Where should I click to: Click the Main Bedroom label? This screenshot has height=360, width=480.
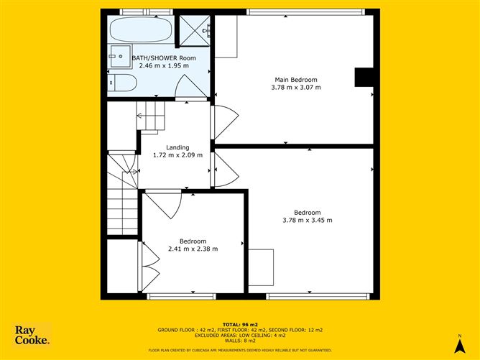(295, 80)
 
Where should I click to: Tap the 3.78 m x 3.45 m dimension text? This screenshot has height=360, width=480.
(307, 220)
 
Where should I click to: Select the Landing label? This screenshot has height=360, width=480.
(177, 147)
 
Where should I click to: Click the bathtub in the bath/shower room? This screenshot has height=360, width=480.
(141, 31)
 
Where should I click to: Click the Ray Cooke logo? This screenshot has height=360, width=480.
(32, 336)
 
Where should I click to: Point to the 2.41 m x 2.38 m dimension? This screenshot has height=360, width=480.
(193, 249)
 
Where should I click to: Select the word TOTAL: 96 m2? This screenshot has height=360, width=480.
(240, 325)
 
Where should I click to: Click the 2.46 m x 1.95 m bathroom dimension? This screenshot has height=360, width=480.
(164, 65)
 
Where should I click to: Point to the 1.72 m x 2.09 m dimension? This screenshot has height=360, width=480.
(177, 154)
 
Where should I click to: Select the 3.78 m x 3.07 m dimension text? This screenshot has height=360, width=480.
(295, 87)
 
